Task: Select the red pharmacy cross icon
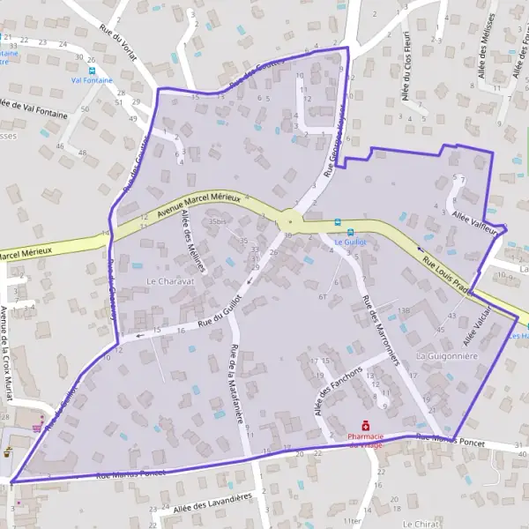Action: [x=366, y=426]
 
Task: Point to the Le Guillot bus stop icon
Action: [x=338, y=222]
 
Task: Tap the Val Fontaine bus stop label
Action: [x=93, y=78]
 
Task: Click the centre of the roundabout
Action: [x=290, y=220]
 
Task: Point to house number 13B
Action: [x=404, y=310]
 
